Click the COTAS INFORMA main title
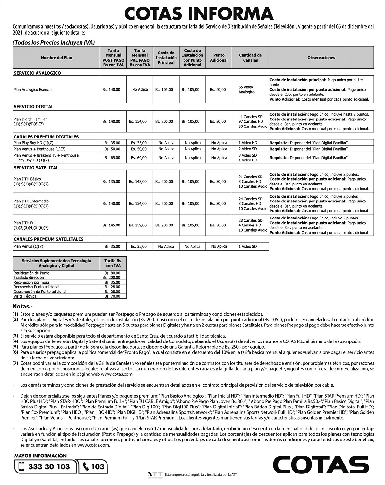199,13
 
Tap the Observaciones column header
321,58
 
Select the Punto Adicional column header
218,58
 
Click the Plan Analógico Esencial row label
33,90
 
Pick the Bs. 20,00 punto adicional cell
218,90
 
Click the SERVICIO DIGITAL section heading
33,107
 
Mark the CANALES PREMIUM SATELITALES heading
48,239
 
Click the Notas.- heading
25,306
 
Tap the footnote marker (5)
15,347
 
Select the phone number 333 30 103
49,467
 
